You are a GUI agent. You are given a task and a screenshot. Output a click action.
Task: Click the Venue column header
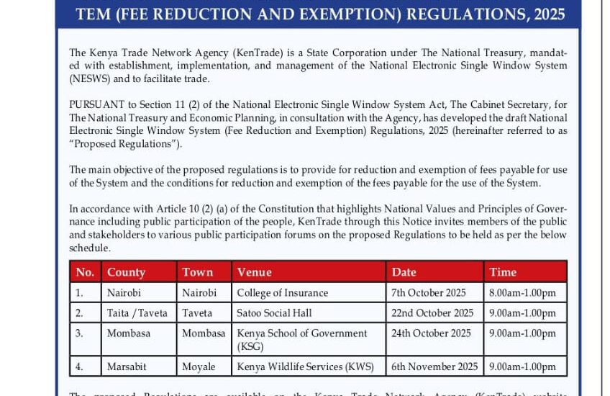pyautogui.click(x=254, y=272)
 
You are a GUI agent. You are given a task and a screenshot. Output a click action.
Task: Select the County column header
pyautogui.click(x=126, y=272)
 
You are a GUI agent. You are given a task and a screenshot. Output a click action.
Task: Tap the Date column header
pyautogui.click(x=404, y=272)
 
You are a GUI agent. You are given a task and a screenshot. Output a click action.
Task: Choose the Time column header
pyautogui.click(x=503, y=272)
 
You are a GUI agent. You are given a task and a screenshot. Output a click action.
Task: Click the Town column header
pyautogui.click(x=197, y=272)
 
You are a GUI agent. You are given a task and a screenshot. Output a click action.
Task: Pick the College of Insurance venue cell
pyautogui.click(x=282, y=293)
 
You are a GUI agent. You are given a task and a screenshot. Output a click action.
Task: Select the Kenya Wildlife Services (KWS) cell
pyautogui.click(x=305, y=366)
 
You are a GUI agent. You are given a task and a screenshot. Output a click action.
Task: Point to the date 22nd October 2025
pyautogui.click(x=432, y=313)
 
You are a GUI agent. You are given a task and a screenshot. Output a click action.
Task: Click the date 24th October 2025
pyautogui.click(x=431, y=333)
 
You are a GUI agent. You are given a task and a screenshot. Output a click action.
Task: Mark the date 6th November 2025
pyautogui.click(x=434, y=366)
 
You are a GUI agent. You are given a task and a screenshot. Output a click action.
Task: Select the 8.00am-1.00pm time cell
pyautogui.click(x=522, y=293)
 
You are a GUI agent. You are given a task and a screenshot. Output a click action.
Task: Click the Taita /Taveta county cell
pyautogui.click(x=137, y=313)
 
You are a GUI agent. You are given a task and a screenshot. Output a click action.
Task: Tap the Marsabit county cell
pyautogui.click(x=126, y=366)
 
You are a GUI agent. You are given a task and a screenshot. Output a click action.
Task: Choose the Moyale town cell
pyautogui.click(x=199, y=366)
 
